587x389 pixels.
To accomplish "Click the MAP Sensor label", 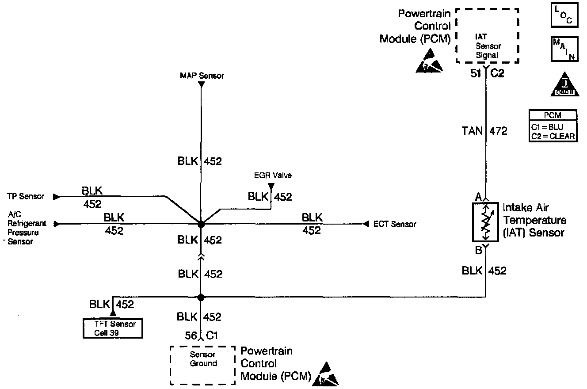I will pyautogui.click(x=202, y=76).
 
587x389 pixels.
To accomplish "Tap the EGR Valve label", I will pyautogui.click(x=273, y=176).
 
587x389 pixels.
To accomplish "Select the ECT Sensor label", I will pyautogui.click(x=395, y=224).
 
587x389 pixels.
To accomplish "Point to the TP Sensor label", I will pyautogui.click(x=26, y=196).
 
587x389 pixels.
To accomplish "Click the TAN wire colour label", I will pyautogui.click(x=473, y=131).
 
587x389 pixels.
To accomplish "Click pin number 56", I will pyautogui.click(x=191, y=336).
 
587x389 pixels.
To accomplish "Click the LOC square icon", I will pyautogui.click(x=564, y=15).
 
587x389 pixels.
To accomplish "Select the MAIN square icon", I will pyautogui.click(x=564, y=49).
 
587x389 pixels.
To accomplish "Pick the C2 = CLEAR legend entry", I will pyautogui.click(x=553, y=136).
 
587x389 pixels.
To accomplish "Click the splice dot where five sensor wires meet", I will pyautogui.click(x=201, y=224).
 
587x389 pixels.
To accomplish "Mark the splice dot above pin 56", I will pyautogui.click(x=201, y=298).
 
